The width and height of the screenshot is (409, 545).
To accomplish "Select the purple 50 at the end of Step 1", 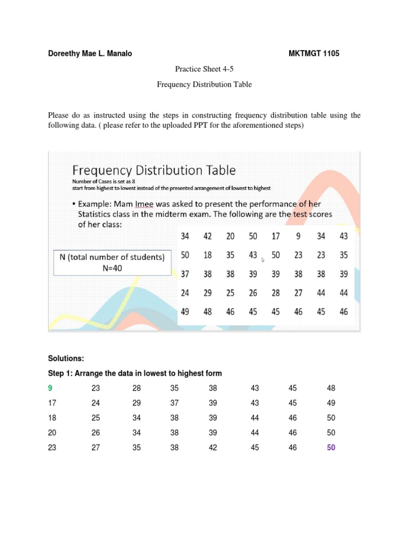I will pos(331,448).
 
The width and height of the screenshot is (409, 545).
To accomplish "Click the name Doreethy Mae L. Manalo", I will pos(90,53).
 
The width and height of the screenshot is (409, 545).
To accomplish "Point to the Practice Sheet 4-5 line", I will pos(204,69).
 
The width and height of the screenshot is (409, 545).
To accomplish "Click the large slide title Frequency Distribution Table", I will pos(154,170).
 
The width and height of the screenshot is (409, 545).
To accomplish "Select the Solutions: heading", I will pos(66,359).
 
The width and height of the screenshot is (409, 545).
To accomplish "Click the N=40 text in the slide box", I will pos(112,268).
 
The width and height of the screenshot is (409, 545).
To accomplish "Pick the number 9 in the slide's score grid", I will pos(299,236).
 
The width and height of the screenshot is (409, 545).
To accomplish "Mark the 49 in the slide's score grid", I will pos(185,312).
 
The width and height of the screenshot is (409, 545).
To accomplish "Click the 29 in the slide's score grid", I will pos(208,293).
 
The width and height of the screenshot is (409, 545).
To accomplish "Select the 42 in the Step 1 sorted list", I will pos(213,448).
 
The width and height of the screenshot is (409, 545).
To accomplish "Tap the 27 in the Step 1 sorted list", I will pos(95,448).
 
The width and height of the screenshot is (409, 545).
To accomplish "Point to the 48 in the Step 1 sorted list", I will pos(331,389).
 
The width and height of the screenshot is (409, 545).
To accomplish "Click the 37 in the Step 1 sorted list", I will pos(175,403).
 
